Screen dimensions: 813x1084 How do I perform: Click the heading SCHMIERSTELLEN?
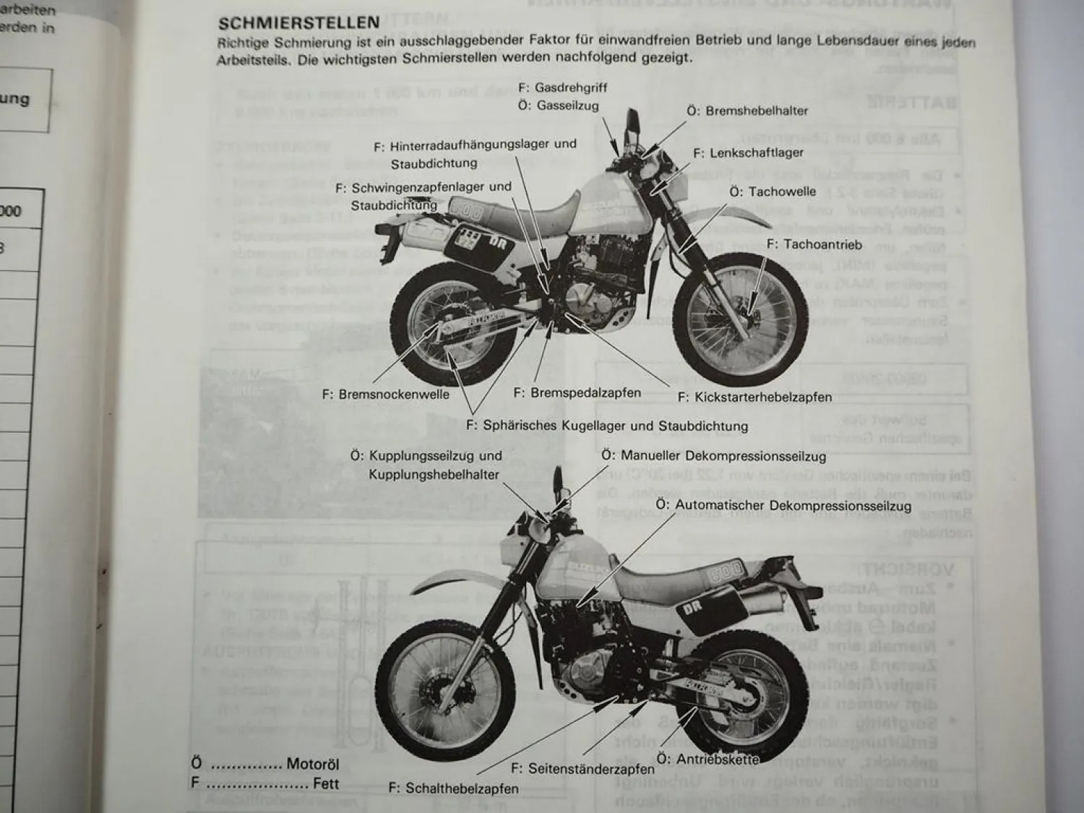[298, 23]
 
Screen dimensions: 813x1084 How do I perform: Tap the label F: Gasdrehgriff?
[562, 87]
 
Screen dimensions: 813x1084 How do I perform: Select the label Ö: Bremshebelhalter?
[747, 111]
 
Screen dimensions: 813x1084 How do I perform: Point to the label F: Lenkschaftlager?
[748, 153]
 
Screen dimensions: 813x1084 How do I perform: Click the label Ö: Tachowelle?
[772, 192]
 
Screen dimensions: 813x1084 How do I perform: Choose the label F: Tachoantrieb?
[814, 244]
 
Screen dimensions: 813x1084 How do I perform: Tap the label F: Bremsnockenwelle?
[385, 394]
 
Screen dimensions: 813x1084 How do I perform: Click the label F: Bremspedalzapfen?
[577, 392]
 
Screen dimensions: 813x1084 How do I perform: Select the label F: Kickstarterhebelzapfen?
[754, 397]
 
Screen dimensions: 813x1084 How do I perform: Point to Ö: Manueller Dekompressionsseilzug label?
[713, 456]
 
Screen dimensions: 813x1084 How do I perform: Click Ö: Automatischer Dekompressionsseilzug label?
[783, 506]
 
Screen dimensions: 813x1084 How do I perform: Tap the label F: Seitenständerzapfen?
[582, 769]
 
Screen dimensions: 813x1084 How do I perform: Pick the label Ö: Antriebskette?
[707, 759]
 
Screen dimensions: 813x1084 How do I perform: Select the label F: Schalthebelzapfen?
[453, 788]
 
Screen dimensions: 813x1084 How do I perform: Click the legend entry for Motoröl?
[264, 764]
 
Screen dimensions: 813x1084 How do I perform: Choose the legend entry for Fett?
[264, 783]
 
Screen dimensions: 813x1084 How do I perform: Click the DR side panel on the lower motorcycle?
[707, 611]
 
